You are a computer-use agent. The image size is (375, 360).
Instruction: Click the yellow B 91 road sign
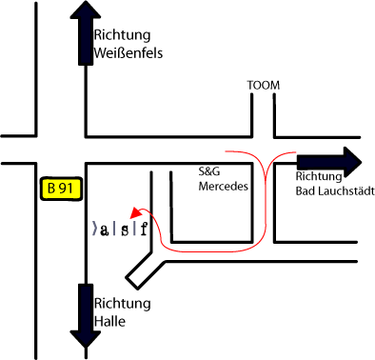tap(59, 189)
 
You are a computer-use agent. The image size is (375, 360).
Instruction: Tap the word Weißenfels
tap(128, 53)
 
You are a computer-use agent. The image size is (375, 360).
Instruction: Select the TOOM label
tap(264, 86)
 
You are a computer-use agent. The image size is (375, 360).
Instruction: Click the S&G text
tap(208, 172)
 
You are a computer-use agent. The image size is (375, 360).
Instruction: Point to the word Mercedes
tap(223, 187)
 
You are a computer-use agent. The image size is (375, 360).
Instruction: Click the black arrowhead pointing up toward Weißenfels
tap(86, 14)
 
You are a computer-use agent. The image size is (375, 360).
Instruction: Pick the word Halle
tap(109, 321)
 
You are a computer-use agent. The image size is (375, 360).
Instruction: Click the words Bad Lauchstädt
tap(335, 190)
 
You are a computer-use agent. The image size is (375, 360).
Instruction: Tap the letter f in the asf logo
tap(144, 229)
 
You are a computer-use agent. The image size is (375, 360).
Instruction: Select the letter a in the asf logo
tap(105, 230)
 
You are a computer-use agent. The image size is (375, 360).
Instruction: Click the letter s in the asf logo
tap(125, 230)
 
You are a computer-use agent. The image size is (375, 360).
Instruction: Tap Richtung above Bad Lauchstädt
tap(320, 176)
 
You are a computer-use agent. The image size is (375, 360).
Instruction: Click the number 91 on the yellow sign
tap(65, 189)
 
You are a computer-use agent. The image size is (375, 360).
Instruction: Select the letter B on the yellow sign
tap(51, 189)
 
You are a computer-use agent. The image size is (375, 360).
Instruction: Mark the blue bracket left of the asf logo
tap(93, 230)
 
